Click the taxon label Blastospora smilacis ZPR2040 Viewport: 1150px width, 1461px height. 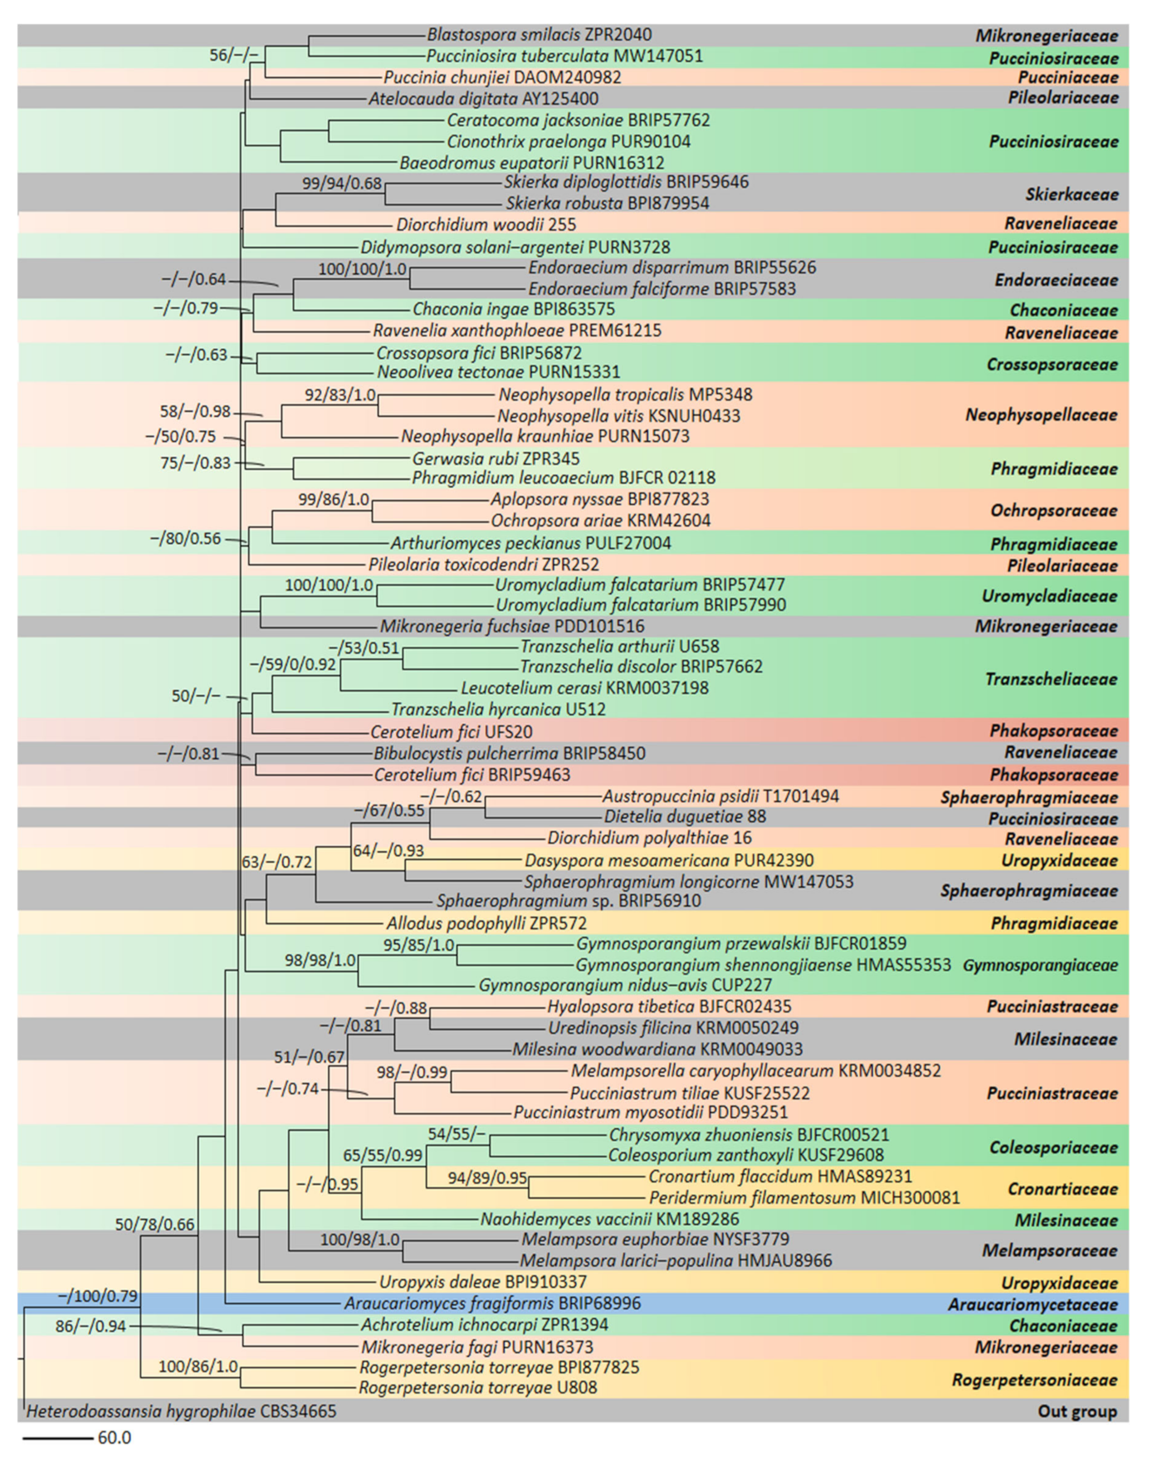[x=539, y=35]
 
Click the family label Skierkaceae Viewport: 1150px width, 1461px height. [x=1071, y=195]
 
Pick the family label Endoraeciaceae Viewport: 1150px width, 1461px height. [x=1056, y=280]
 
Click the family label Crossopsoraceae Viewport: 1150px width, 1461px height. [x=1052, y=365]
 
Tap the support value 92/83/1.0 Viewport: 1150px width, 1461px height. [x=340, y=395]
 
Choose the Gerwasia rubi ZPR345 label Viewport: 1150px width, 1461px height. [x=496, y=459]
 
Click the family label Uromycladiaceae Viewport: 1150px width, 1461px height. [x=1049, y=596]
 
